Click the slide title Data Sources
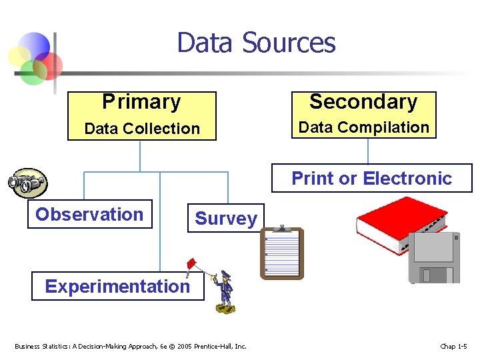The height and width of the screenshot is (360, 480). (256, 43)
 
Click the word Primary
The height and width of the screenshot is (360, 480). (141, 102)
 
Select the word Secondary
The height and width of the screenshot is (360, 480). (363, 101)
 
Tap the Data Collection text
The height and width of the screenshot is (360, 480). (142, 129)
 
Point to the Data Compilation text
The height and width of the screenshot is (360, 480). (363, 127)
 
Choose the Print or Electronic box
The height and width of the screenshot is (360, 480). (371, 178)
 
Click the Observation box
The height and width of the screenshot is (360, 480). (89, 214)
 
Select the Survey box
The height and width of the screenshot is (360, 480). (225, 219)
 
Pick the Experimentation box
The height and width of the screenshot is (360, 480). (117, 286)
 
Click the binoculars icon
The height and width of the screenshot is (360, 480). (27, 182)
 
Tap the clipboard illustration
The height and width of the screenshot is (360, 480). (282, 253)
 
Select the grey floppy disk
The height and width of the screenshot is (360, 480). (434, 257)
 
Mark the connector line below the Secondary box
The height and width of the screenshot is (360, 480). (368, 151)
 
